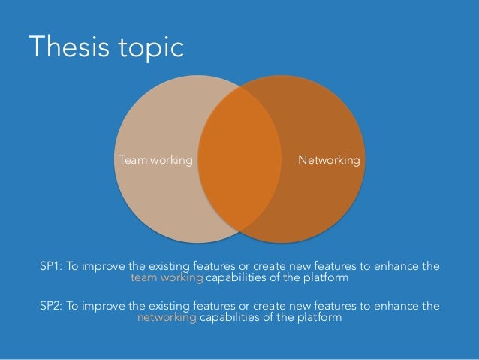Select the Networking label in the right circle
point(329,160)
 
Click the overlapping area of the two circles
point(239,160)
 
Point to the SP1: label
point(53,266)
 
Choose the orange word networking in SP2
point(167,318)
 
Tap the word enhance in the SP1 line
point(394,266)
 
